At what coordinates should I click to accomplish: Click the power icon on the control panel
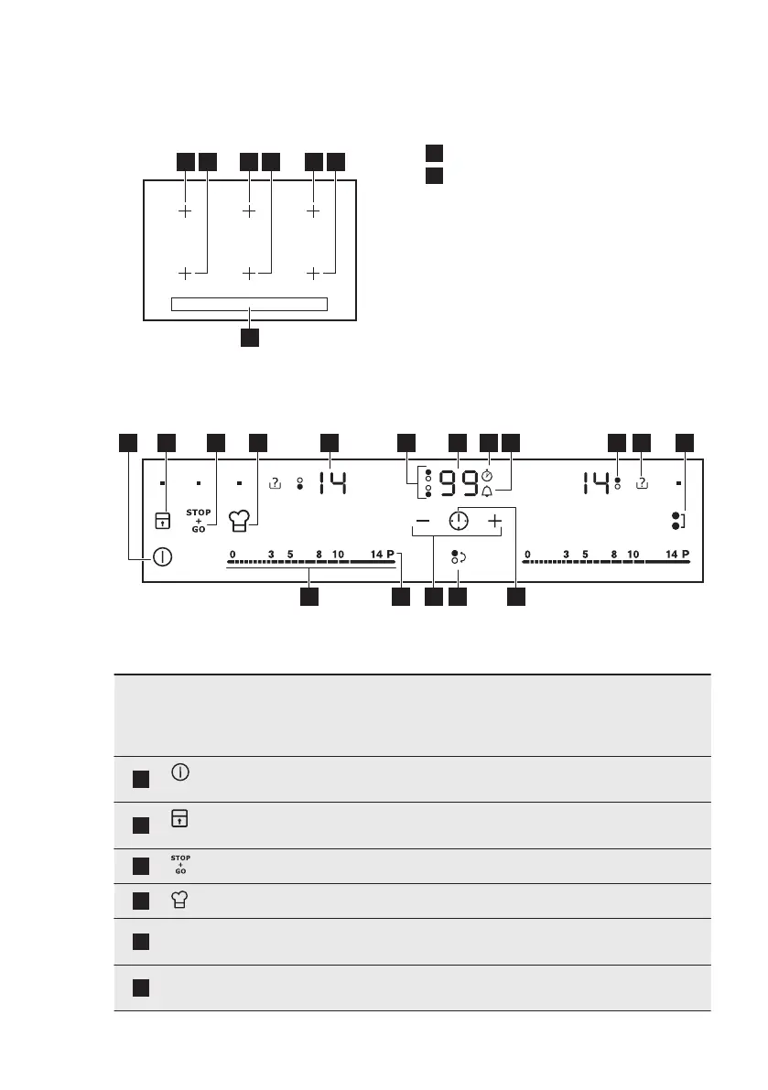coord(162,557)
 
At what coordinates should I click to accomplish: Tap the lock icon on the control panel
coord(162,521)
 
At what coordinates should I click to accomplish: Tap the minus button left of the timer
coord(422,521)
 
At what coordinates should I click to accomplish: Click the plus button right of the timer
coord(494,521)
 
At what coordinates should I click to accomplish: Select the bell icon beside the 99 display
coord(487,491)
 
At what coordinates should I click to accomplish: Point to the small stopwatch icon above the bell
coord(487,476)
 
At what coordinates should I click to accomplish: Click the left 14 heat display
coord(331,482)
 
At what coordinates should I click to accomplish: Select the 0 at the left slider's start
coord(233,554)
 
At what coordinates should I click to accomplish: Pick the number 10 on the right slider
coord(633,554)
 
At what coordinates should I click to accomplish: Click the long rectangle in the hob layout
coord(249,304)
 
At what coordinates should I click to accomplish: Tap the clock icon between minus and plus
coord(458,521)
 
